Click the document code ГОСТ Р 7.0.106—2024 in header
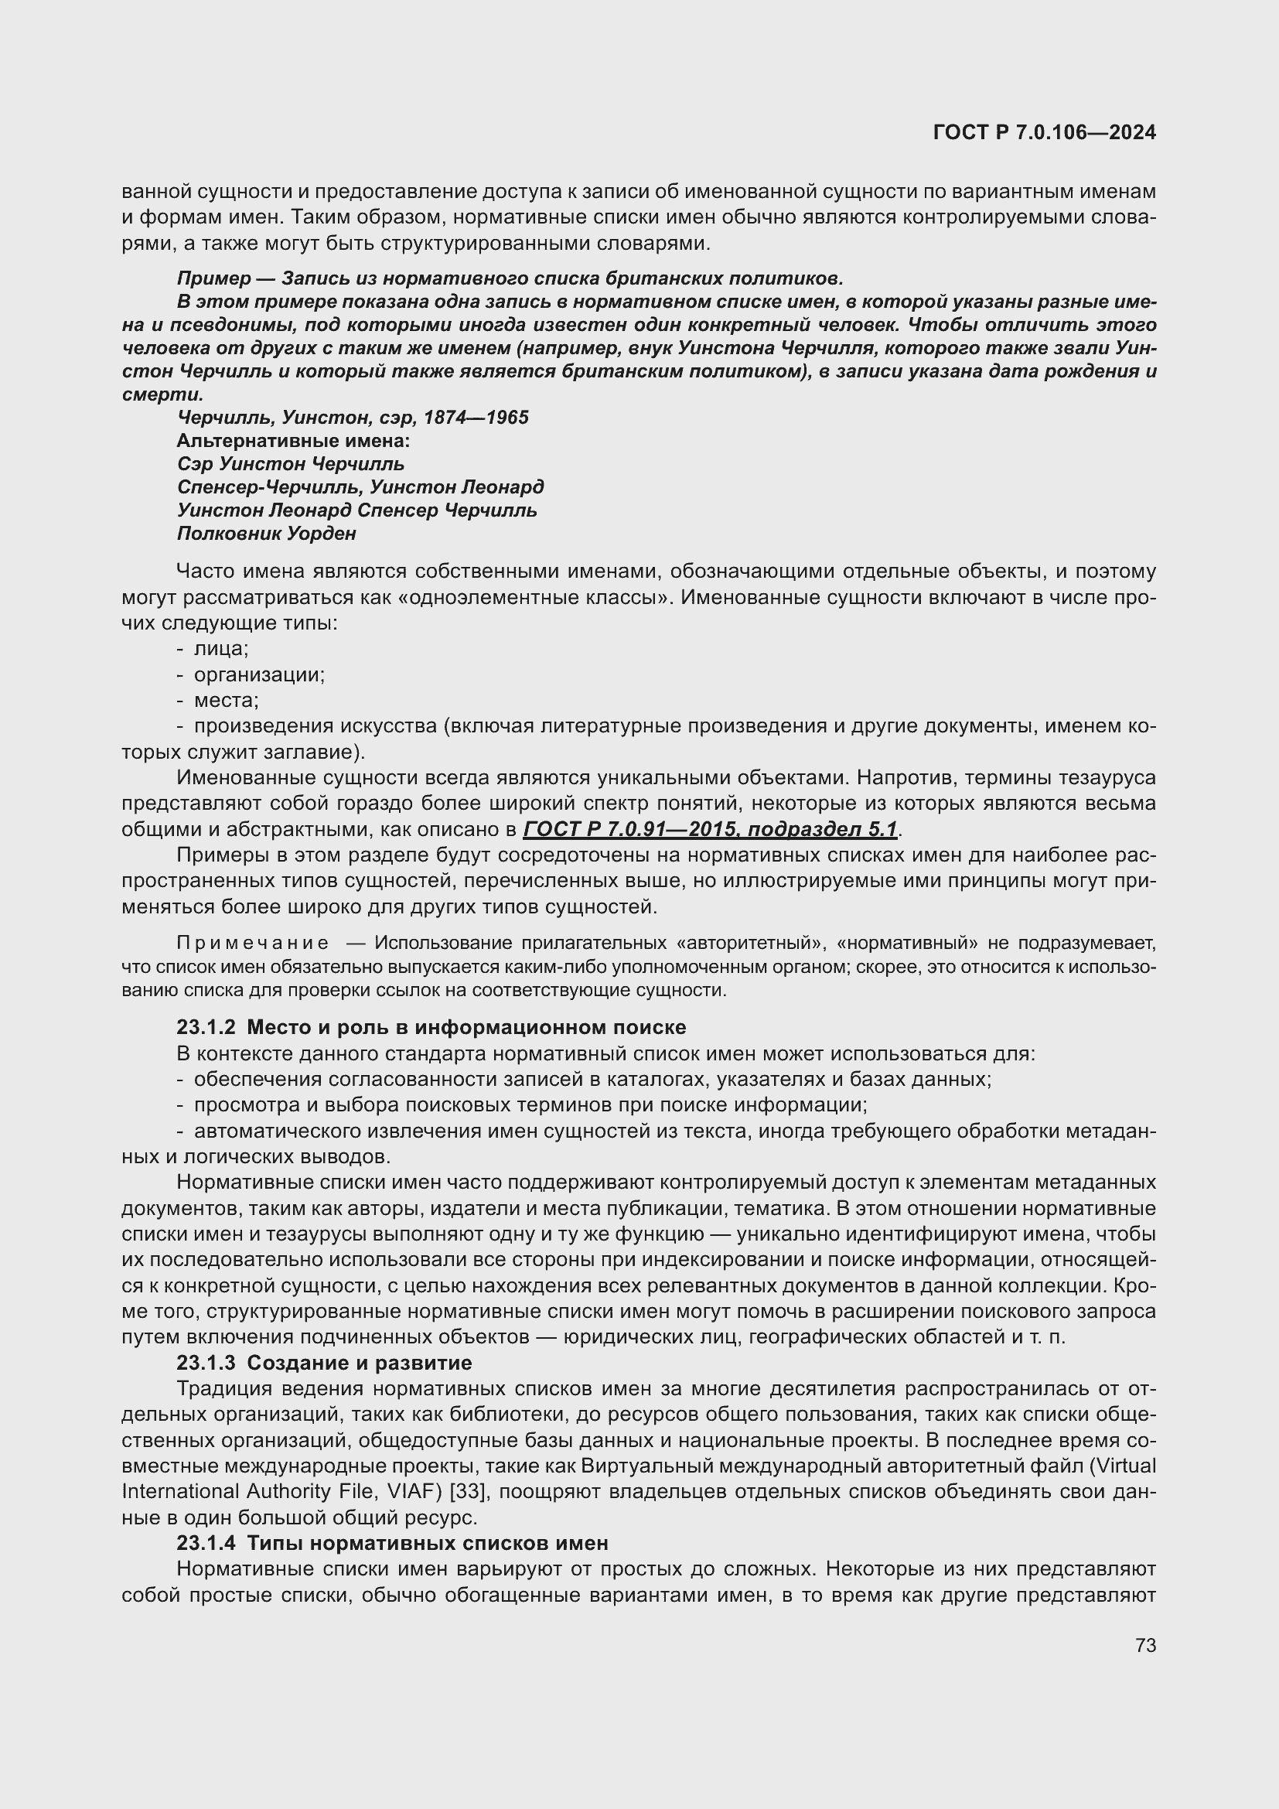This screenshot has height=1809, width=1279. (1043, 132)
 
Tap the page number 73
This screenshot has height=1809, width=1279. (1145, 1645)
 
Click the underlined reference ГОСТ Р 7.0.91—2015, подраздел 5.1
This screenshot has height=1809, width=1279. (710, 830)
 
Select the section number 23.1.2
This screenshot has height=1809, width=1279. (206, 1027)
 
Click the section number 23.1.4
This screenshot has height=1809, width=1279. (206, 1544)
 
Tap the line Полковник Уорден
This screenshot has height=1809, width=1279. (266, 534)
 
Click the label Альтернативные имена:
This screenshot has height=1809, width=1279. (293, 440)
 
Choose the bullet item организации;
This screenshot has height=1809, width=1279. (259, 674)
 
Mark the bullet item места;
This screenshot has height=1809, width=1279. (226, 701)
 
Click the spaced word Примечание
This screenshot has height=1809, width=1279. (252, 944)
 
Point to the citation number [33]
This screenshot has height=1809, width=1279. (472, 1492)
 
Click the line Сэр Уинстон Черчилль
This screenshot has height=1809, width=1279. (291, 464)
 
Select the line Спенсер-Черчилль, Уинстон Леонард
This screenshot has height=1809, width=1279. (360, 487)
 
